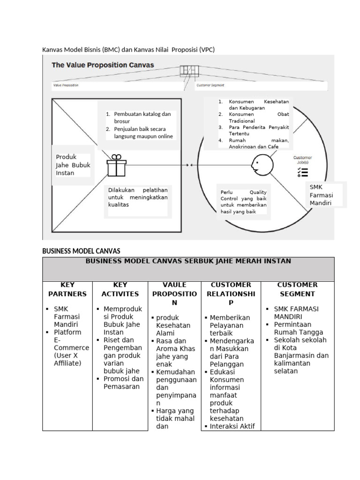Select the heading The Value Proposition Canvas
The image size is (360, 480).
pos(103,65)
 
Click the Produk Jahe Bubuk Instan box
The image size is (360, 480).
pos(73,165)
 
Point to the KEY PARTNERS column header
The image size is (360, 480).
pos(67,289)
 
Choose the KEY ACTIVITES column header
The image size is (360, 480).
pos(120,289)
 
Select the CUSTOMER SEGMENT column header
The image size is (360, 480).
pos(297,289)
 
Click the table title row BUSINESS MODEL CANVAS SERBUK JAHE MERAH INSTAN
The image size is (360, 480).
pos(188,261)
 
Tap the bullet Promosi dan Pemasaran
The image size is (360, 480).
pos(123,382)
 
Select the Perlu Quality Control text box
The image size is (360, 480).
pos(243,202)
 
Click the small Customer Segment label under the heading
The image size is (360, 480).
pos(210,85)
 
